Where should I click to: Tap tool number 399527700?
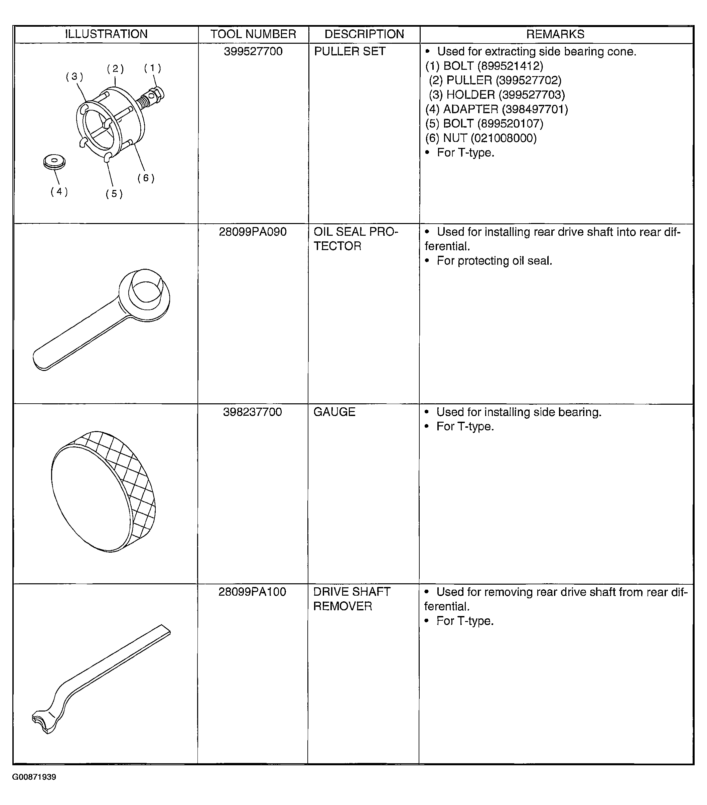click(x=253, y=52)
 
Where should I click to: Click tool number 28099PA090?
click(x=253, y=232)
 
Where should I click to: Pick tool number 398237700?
click(x=252, y=412)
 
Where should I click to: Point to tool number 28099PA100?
click(x=252, y=592)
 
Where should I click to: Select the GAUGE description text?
click(x=334, y=412)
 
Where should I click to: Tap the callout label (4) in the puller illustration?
click(x=59, y=192)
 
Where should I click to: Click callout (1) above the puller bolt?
click(x=152, y=68)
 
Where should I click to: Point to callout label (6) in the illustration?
click(x=146, y=178)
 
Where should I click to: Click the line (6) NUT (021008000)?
click(x=481, y=138)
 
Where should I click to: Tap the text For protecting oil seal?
click(x=494, y=261)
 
